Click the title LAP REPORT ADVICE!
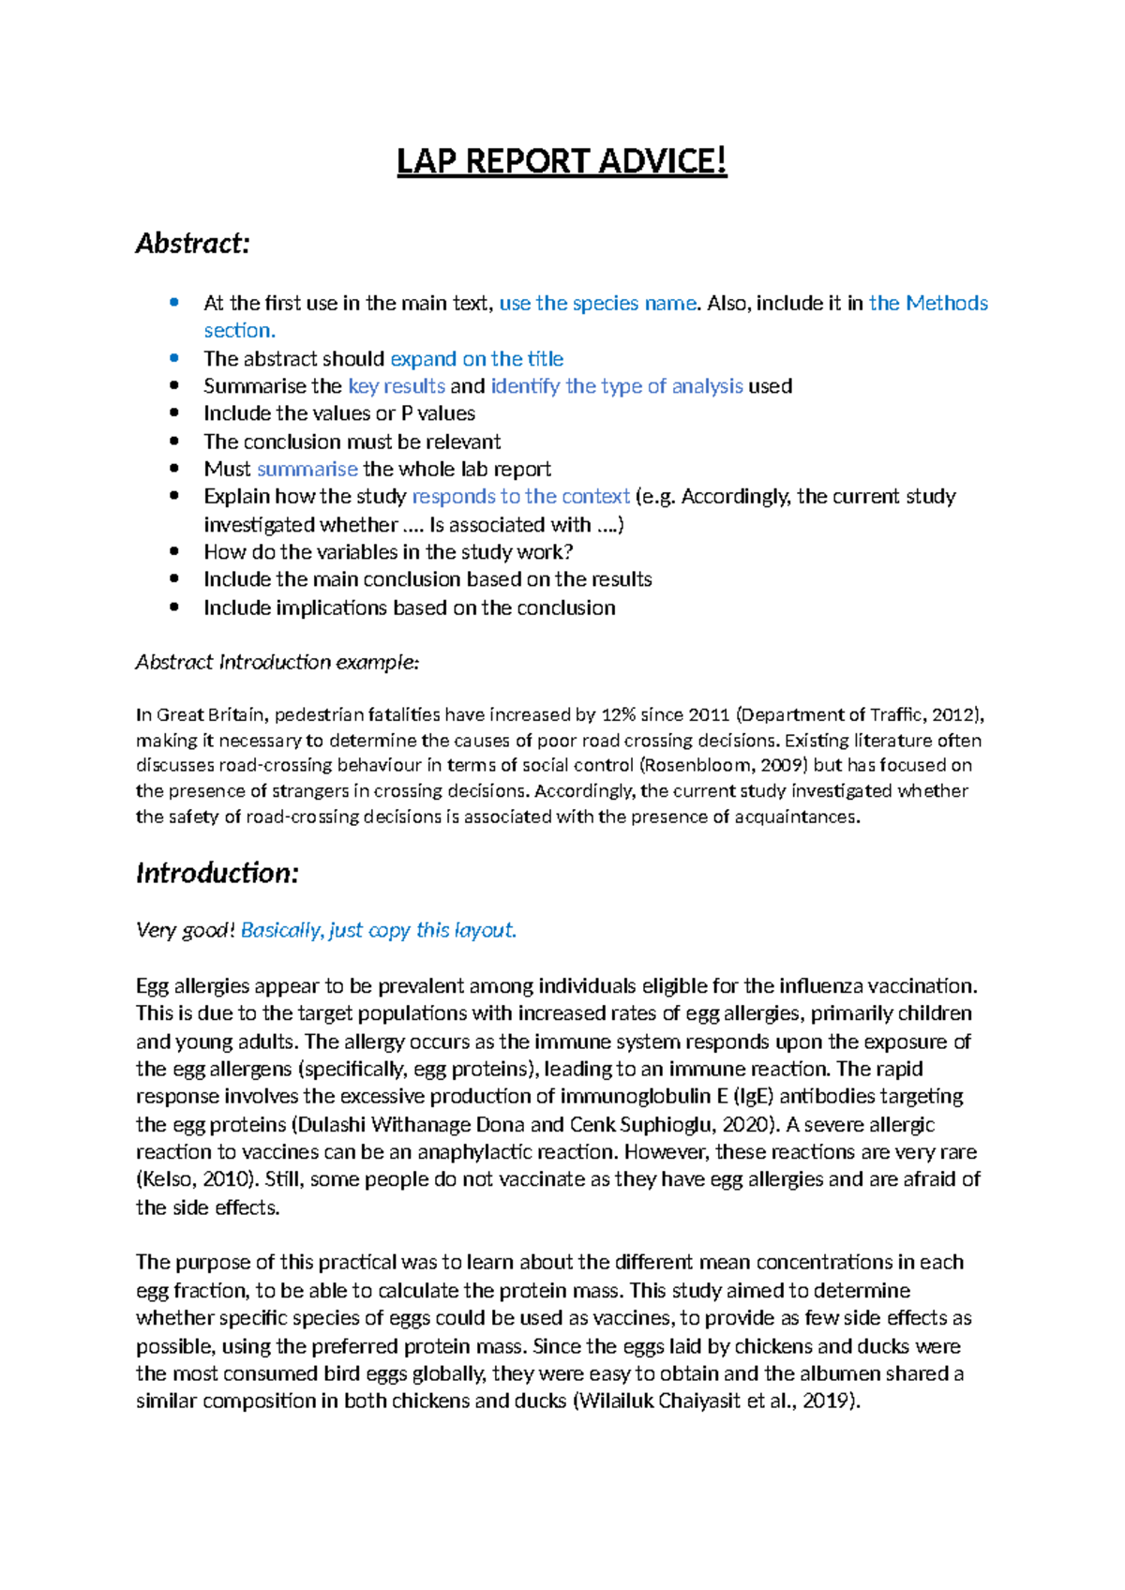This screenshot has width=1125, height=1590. pyautogui.click(x=562, y=161)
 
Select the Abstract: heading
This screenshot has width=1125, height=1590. pyautogui.click(x=193, y=244)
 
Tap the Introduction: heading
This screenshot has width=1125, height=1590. pyautogui.click(x=217, y=873)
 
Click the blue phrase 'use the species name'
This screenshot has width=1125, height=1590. pyautogui.click(x=598, y=303)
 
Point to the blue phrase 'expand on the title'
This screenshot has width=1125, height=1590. pyautogui.click(x=476, y=359)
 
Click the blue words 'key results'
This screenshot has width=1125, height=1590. pyautogui.click(x=397, y=386)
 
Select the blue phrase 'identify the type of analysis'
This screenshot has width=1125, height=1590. pyautogui.click(x=617, y=386)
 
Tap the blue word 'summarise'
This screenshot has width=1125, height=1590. pyautogui.click(x=307, y=469)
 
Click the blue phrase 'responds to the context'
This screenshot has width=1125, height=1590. pyautogui.click(x=521, y=496)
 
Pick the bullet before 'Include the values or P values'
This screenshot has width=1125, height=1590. pyautogui.click(x=173, y=413)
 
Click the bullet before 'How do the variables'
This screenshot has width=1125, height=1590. pyautogui.click(x=173, y=552)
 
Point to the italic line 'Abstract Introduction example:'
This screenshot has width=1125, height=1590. pyautogui.click(x=277, y=662)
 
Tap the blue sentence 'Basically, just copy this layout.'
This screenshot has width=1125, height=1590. pyautogui.click(x=379, y=930)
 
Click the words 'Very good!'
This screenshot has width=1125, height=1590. pyautogui.click(x=186, y=930)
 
